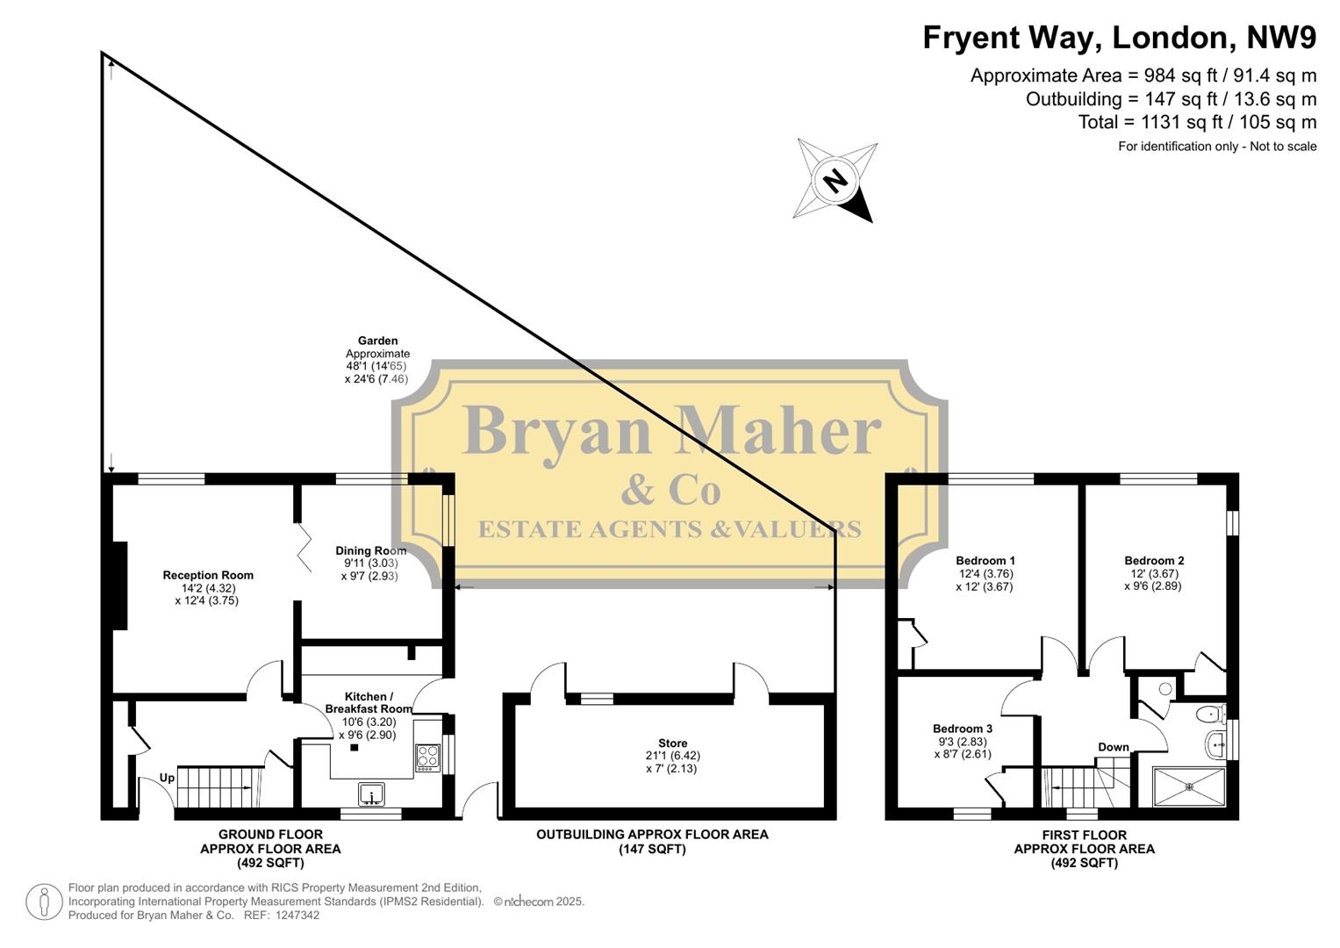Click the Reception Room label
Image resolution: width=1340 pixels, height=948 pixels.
(208, 576)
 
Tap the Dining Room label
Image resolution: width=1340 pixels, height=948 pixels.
(370, 551)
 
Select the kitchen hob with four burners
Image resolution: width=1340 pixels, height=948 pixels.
(427, 757)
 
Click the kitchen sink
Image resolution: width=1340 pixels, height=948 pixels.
(372, 794)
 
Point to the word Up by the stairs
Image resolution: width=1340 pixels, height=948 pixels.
(167, 778)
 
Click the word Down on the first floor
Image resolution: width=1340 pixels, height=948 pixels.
(1113, 748)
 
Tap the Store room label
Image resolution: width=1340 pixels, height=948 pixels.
(673, 743)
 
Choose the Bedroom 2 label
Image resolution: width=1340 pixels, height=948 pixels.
(1154, 561)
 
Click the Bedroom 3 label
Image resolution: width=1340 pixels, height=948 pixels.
(962, 729)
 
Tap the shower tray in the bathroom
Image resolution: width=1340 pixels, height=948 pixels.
(1189, 786)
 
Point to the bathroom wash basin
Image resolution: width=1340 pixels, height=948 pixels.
(1217, 743)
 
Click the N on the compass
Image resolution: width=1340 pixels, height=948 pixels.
(835, 181)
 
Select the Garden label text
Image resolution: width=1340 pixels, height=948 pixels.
(377, 341)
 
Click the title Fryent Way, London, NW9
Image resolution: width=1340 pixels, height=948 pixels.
(1119, 38)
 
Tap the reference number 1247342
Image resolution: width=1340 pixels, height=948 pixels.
(296, 916)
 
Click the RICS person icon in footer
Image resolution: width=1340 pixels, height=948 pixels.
(43, 902)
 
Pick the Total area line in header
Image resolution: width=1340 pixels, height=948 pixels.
(1197, 122)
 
